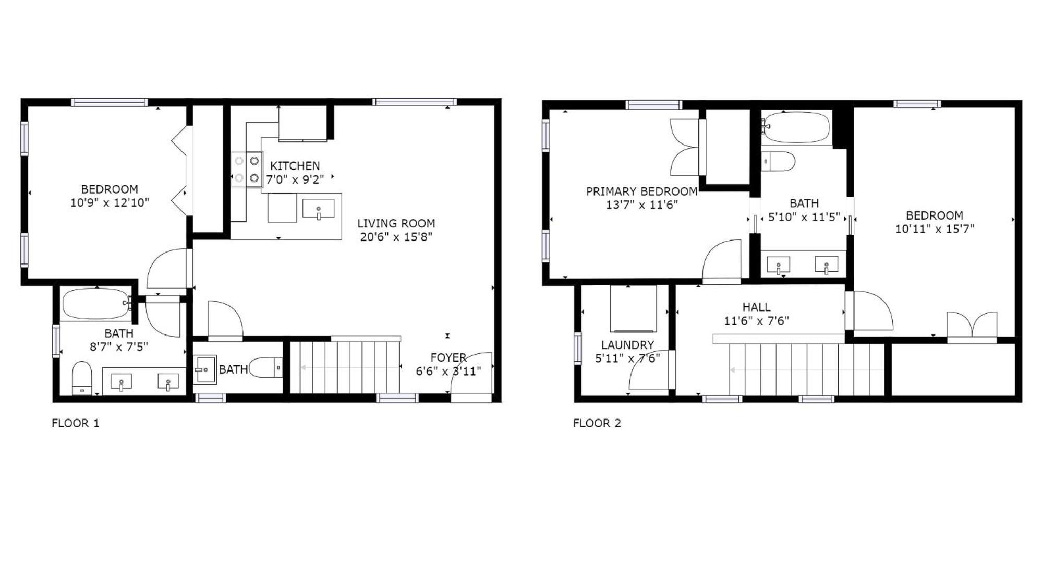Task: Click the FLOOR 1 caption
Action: (75, 423)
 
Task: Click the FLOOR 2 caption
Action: (597, 423)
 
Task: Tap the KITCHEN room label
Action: (295, 166)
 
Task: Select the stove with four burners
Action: (247, 169)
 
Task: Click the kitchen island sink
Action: (318, 209)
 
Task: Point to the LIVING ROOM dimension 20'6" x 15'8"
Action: (396, 237)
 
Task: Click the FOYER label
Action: (448, 357)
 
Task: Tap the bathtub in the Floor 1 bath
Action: (96, 304)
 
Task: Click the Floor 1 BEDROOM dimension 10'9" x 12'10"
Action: (110, 202)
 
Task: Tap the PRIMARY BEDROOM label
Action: (641, 191)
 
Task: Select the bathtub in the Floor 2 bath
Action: (795, 127)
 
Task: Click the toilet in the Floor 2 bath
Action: (778, 161)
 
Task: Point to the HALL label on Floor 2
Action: (756, 307)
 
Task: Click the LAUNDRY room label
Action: (627, 345)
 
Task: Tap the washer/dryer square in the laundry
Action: (633, 308)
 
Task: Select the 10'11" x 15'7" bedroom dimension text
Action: (935, 229)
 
